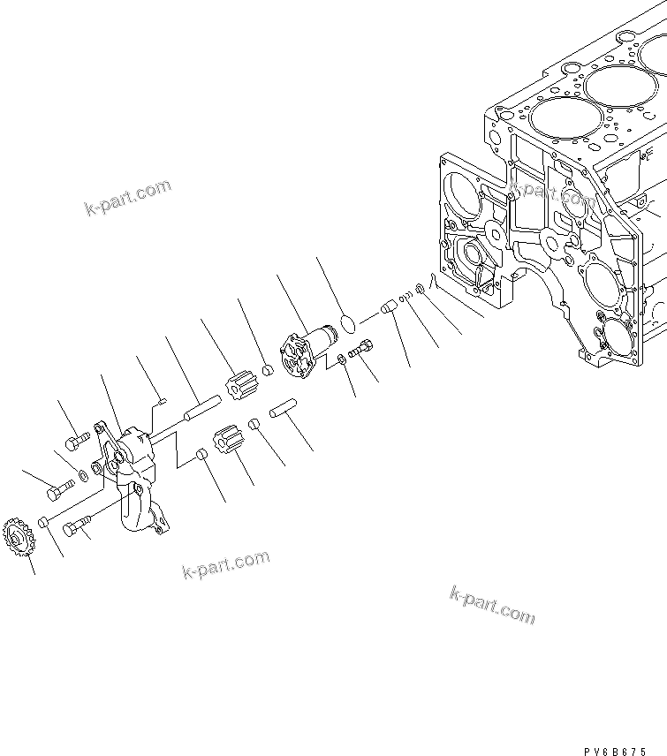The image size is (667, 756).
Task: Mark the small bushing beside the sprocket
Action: [x=42, y=524]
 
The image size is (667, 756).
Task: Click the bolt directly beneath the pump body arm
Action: [x=77, y=527]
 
